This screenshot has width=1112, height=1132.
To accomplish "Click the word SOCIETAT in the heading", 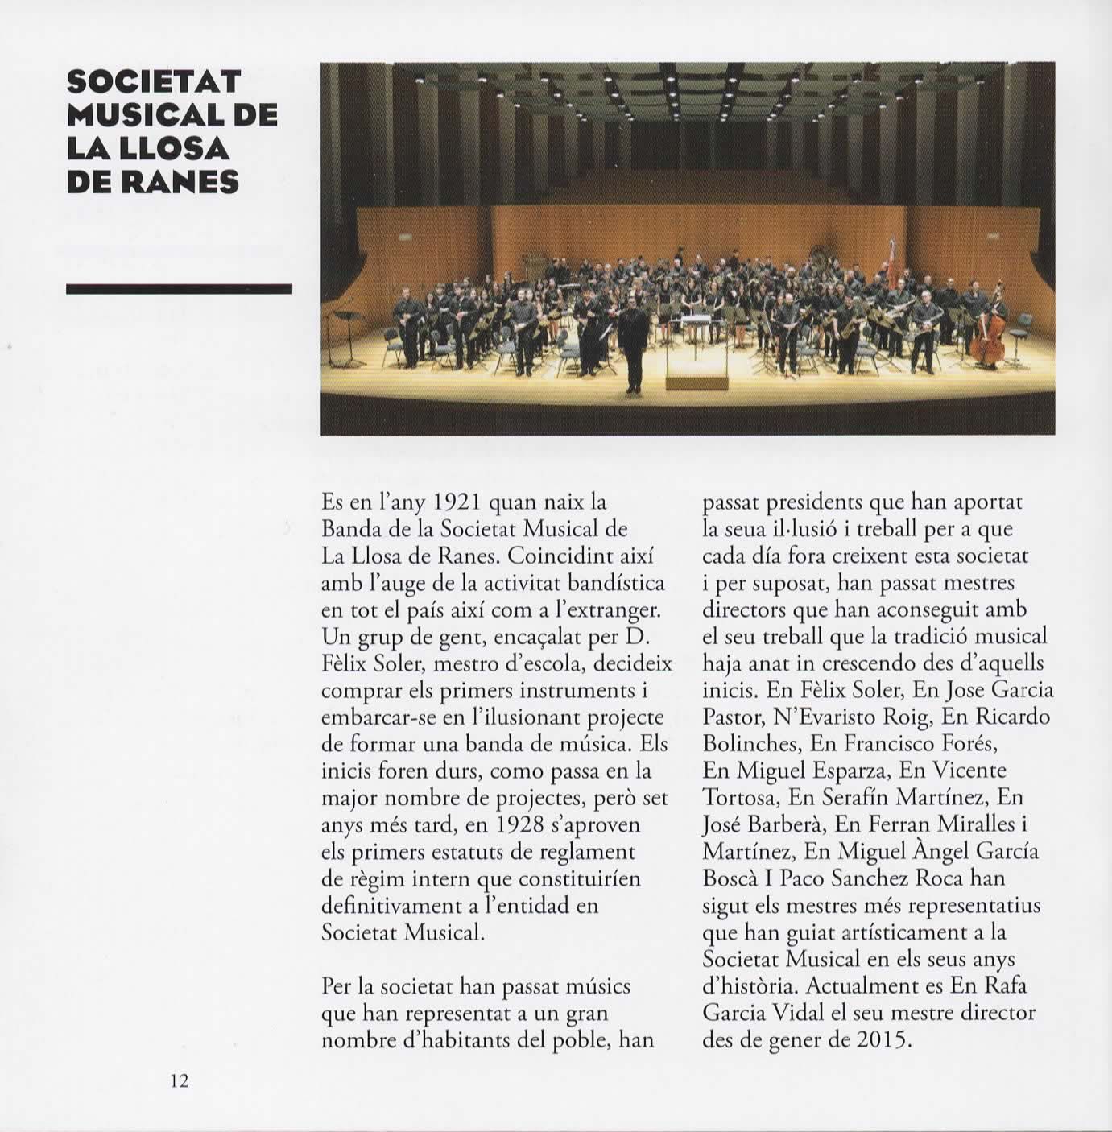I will (154, 81).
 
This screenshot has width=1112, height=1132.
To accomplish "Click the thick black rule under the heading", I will (179, 289).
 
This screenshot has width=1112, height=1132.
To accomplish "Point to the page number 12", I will (179, 1081).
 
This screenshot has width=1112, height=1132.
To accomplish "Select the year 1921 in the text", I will (457, 502).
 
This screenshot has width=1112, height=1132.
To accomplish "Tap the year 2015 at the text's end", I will (883, 1040).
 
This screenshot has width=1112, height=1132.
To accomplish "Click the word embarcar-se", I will (378, 717).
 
